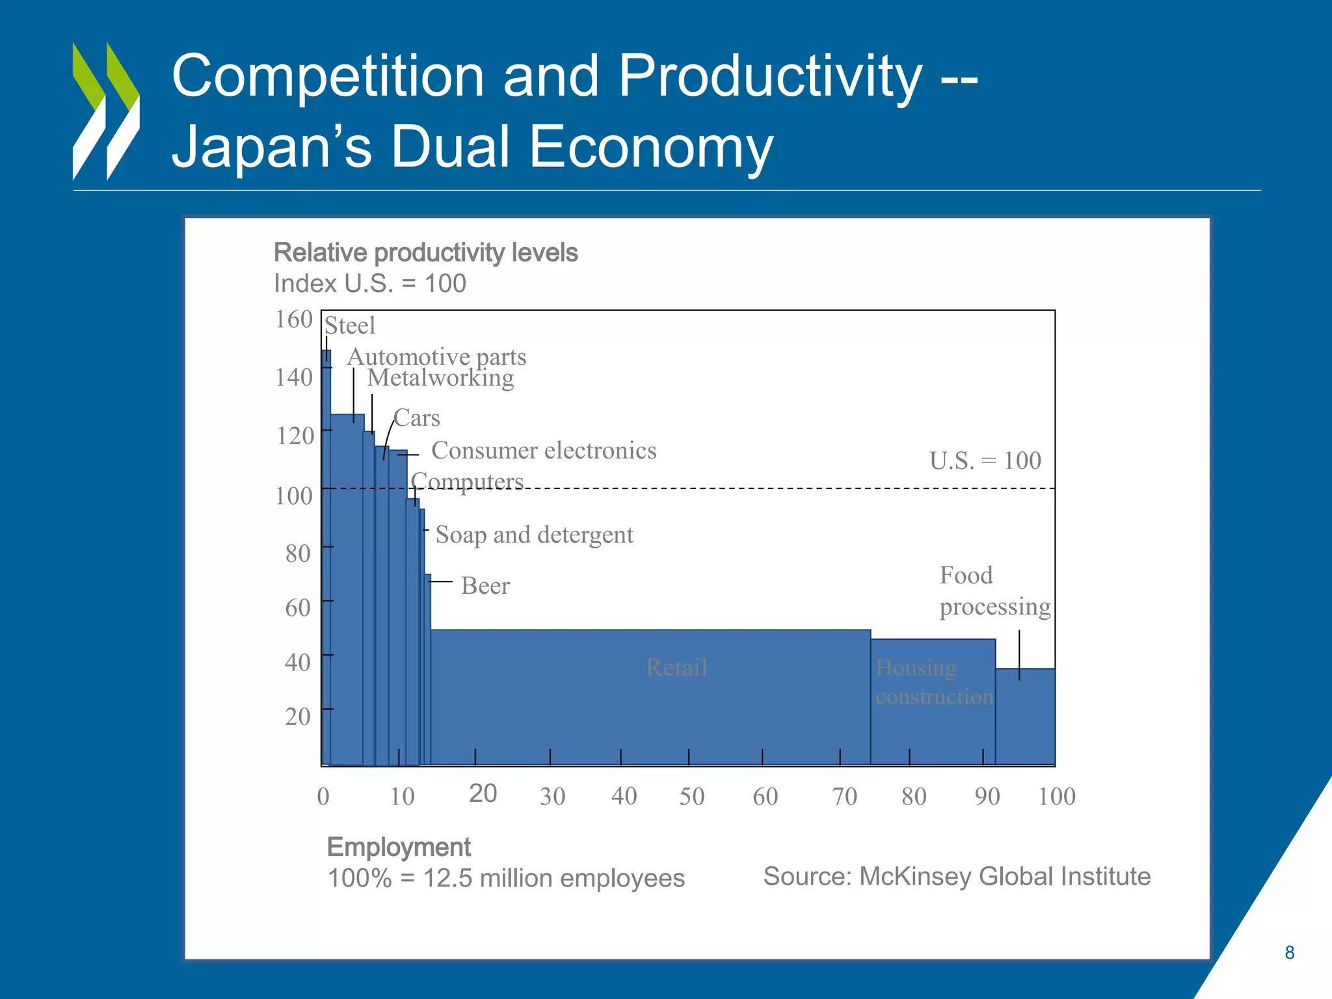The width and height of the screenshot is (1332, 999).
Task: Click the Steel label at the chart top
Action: (350, 325)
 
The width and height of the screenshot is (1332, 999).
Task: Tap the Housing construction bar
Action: (933, 702)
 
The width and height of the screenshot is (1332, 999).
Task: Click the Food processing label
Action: (994, 591)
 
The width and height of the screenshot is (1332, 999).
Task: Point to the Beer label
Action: (485, 585)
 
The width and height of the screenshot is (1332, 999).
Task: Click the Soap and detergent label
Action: (534, 535)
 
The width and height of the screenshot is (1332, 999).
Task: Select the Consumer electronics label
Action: (544, 450)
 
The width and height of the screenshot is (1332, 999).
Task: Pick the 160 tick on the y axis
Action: (294, 319)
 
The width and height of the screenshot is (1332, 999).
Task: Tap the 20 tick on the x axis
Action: (483, 793)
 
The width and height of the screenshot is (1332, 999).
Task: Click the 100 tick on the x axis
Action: (1056, 796)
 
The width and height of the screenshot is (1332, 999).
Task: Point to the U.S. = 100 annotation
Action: (985, 460)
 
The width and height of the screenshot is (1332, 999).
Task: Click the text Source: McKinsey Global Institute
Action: (956, 876)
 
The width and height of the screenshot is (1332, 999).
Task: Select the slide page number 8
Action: (1289, 953)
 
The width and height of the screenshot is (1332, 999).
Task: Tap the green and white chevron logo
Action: (106, 111)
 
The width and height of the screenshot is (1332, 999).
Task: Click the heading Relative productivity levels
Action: (425, 252)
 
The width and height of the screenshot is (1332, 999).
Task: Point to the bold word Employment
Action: (399, 847)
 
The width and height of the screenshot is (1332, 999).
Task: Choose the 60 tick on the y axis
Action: (297, 607)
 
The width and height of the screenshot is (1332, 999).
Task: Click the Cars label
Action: (417, 418)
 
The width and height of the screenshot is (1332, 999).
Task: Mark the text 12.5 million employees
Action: (553, 878)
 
